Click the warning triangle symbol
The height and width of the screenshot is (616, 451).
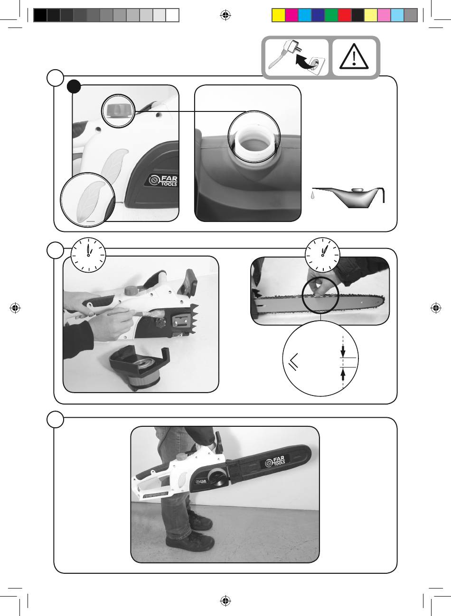[354, 56]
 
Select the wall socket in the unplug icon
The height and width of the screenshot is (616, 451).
[314, 65]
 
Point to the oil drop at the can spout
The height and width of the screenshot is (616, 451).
[312, 195]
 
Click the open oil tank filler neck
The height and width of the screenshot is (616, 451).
[254, 143]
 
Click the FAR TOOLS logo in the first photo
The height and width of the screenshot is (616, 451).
[163, 180]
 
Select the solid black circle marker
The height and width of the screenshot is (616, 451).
[74, 87]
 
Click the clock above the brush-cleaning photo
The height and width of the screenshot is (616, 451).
[88, 255]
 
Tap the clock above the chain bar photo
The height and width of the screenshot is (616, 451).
[322, 255]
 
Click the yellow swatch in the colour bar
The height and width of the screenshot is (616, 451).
[278, 15]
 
